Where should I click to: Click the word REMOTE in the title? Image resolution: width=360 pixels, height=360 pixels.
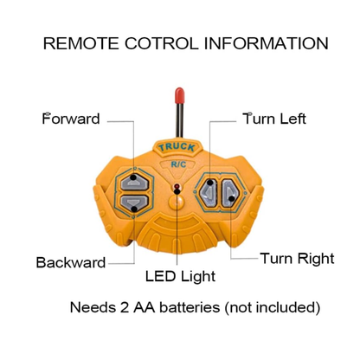point(80,43)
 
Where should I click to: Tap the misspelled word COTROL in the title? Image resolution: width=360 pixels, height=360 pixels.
point(162,43)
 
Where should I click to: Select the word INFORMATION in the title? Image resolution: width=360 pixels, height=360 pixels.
point(267,43)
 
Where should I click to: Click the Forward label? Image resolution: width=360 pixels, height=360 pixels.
point(71,119)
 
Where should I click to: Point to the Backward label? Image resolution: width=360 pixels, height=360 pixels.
point(71,262)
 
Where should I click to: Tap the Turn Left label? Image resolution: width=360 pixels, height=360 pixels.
point(274,119)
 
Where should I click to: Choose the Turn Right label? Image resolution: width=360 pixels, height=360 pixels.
point(297,258)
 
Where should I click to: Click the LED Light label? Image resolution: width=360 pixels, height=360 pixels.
point(180,276)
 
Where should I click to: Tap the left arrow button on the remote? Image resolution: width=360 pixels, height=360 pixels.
point(209,192)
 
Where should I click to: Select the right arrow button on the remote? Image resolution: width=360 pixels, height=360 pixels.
point(230,193)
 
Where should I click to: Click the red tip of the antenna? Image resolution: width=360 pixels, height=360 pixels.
point(179,96)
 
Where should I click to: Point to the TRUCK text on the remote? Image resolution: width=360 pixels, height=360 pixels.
point(177,147)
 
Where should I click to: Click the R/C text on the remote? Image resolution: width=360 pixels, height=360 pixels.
point(178,164)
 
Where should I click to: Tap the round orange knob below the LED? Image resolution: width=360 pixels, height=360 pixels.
point(177,202)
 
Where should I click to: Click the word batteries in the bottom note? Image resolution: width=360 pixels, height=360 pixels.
point(190,307)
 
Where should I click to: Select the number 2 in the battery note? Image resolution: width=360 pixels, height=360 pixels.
point(125,307)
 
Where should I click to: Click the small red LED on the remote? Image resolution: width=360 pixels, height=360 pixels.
point(177,186)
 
